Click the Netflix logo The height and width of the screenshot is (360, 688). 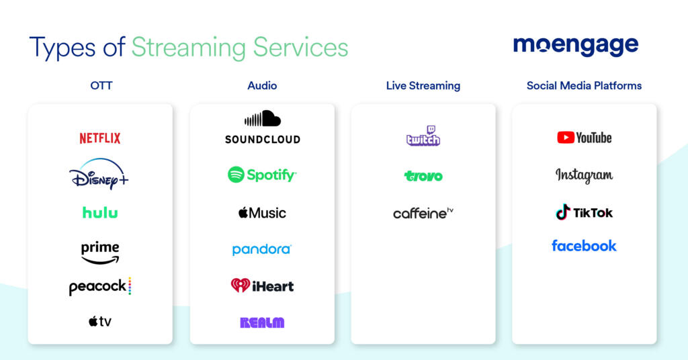(x=100, y=138)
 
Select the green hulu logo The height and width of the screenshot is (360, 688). (x=100, y=212)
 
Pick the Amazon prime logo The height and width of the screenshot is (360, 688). (x=100, y=253)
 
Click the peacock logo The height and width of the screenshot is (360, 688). (x=100, y=287)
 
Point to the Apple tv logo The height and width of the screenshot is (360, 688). (x=100, y=322)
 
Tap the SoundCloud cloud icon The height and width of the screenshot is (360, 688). (x=262, y=119)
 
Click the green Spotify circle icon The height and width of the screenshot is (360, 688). (x=236, y=175)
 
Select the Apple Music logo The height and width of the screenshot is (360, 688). (x=262, y=213)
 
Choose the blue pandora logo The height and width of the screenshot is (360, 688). (x=261, y=249)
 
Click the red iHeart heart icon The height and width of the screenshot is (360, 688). (x=240, y=285)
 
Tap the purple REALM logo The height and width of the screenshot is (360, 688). (x=262, y=322)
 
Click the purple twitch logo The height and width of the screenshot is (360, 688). (x=423, y=136)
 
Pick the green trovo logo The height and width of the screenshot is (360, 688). (x=423, y=176)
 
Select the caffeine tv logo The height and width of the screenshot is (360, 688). (x=423, y=214)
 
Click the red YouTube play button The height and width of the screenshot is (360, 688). (x=565, y=138)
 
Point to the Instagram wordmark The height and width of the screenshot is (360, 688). (x=584, y=175)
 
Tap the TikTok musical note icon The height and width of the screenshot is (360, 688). (x=563, y=212)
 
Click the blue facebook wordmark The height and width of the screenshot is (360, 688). (x=584, y=246)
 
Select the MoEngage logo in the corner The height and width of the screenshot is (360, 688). (x=576, y=46)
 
